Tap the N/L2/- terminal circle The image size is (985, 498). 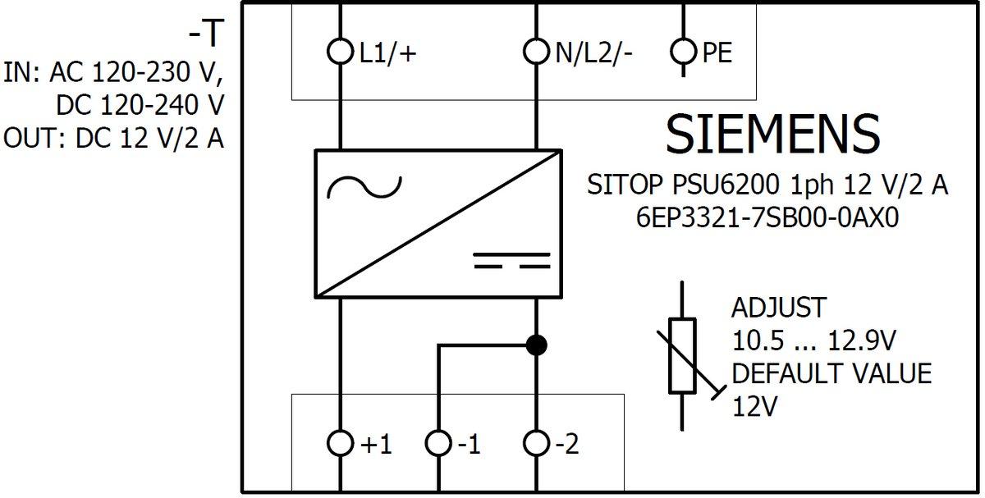pyautogui.click(x=536, y=53)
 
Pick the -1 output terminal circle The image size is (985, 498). pyautogui.click(x=438, y=444)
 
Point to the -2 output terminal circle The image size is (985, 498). pyautogui.click(x=536, y=444)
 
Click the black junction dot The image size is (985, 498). pyautogui.click(x=536, y=345)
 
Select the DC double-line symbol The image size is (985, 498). pyautogui.click(x=511, y=261)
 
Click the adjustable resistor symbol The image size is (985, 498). pyautogui.click(x=683, y=356)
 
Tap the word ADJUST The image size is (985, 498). pyautogui.click(x=778, y=308)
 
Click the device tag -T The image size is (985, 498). pyautogui.click(x=206, y=34)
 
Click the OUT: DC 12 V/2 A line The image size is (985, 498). pyautogui.click(x=113, y=138)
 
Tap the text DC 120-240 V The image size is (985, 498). pyautogui.click(x=140, y=105)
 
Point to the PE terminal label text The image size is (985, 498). pyautogui.click(x=717, y=53)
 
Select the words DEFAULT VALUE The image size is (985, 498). pyautogui.click(x=832, y=374)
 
